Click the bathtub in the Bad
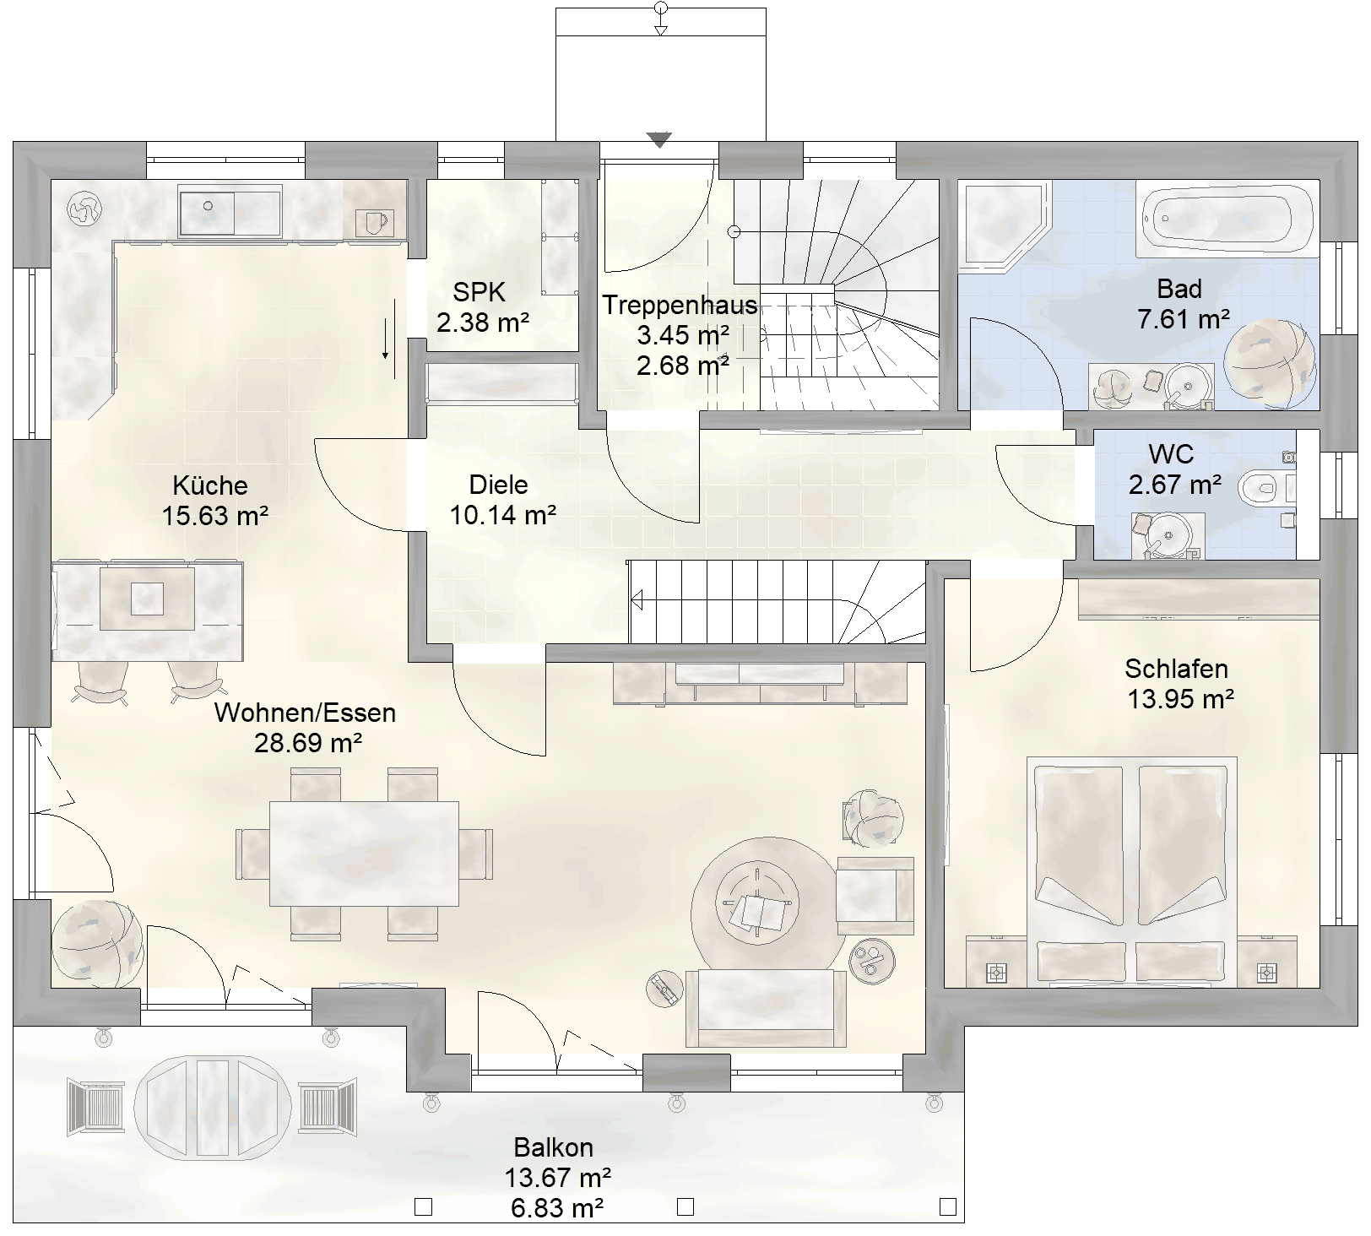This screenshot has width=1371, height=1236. click(1227, 220)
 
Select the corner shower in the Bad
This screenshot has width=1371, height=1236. click(1005, 226)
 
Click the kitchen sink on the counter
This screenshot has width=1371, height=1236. click(229, 213)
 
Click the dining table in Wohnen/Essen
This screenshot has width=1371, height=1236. click(364, 853)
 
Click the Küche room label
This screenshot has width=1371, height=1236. click(210, 485)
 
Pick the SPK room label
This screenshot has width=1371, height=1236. click(479, 292)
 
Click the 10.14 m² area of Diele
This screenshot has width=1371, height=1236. click(502, 514)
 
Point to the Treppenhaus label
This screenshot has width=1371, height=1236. click(680, 304)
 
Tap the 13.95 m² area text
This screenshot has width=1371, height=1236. click(1180, 699)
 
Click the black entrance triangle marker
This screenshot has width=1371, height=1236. click(659, 140)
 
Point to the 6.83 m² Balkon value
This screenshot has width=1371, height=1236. click(556, 1208)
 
